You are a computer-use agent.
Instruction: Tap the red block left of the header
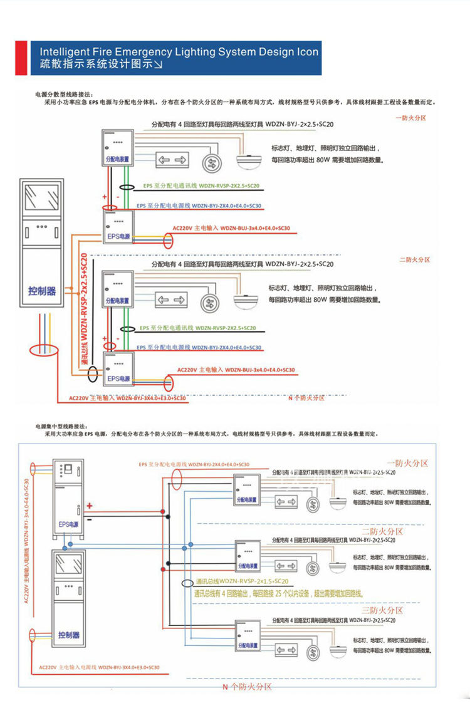click(x=21, y=58)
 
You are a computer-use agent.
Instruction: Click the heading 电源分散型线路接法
click(x=65, y=94)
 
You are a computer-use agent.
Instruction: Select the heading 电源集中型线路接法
click(x=65, y=425)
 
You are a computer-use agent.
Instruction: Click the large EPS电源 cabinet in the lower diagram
click(x=68, y=501)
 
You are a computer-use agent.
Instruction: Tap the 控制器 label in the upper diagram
click(x=42, y=291)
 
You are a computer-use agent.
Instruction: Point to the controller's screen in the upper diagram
click(x=42, y=197)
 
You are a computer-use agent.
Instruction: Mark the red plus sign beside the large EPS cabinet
click(x=90, y=506)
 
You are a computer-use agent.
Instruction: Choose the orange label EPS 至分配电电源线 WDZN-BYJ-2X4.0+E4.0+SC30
click(x=194, y=464)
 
